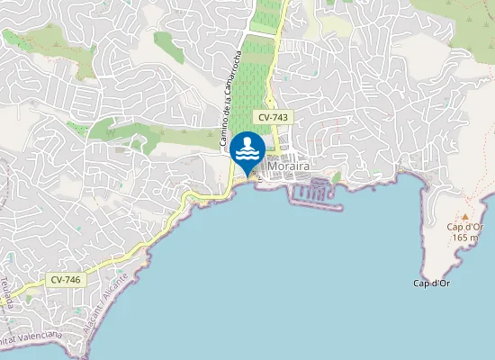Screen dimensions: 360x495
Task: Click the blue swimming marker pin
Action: (x=247, y=149)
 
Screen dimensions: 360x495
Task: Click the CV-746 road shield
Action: (x=66, y=280)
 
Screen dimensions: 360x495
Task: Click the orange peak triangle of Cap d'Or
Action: (x=465, y=216)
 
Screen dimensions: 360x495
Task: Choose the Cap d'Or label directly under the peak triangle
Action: (x=465, y=227)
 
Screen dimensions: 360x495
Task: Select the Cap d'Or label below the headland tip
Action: (x=431, y=283)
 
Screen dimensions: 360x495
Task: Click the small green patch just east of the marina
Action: (x=337, y=178)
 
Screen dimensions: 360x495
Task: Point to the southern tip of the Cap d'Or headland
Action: (x=432, y=270)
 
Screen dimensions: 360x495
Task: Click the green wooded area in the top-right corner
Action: (x=468, y=13)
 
